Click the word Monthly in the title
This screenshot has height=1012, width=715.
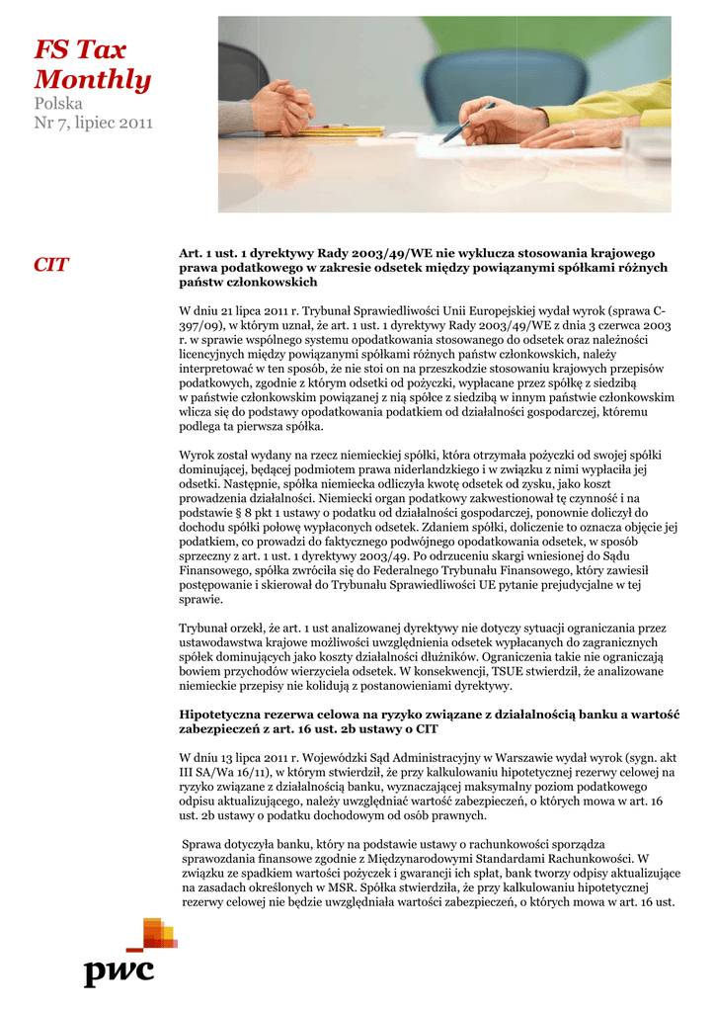93,80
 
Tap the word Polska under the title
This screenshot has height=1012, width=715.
58,103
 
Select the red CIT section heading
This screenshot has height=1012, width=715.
51,264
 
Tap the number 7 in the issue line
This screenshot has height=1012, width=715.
62,124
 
